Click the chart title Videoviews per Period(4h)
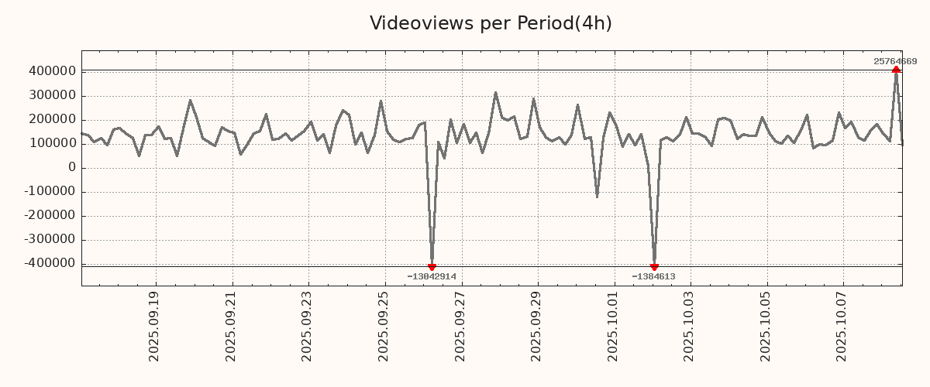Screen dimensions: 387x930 pos(491,23)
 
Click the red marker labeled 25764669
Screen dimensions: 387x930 pos(896,70)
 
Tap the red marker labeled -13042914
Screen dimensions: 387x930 pos(432,267)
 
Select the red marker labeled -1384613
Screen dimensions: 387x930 pos(654,267)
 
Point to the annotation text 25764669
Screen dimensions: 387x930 pos(895,61)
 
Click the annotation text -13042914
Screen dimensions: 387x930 pos(432,276)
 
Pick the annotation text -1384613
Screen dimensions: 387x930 pos(653,276)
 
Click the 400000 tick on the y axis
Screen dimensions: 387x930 pos(52,71)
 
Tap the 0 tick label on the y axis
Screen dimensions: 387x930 pos(71,167)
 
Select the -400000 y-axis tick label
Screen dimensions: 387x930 pos(50,263)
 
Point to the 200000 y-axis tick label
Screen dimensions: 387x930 pos(52,119)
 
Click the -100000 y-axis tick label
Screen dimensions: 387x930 pos(50,191)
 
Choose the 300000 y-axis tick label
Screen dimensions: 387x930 pos(52,95)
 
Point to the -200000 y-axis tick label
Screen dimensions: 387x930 pos(50,215)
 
